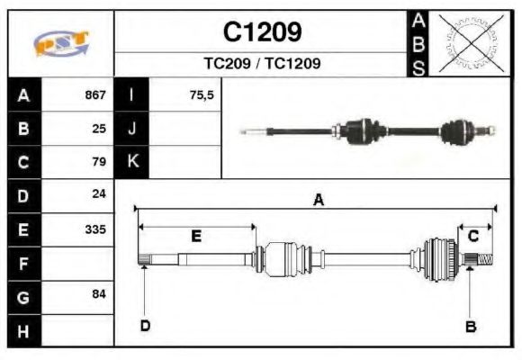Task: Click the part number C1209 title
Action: [x=262, y=33]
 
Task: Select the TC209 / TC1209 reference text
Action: [x=262, y=64]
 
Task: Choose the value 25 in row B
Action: [x=99, y=129]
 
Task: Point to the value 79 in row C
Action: [x=99, y=162]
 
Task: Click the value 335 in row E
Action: [x=94, y=229]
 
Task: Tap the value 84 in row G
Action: [x=99, y=294]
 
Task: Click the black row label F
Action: [x=23, y=263]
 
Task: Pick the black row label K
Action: [x=132, y=162]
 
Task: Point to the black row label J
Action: [x=132, y=129]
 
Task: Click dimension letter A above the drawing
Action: [x=317, y=201]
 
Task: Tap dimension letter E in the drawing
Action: [x=195, y=236]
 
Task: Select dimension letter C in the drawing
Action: [x=472, y=236]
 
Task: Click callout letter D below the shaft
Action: [x=144, y=326]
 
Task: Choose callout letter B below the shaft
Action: [x=470, y=326]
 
